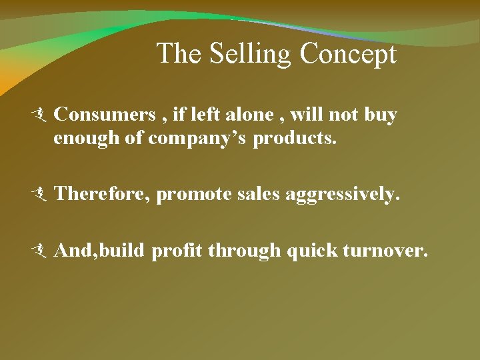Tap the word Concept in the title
348,55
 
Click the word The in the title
180,54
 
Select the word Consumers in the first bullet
104,115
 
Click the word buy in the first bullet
381,115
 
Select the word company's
198,139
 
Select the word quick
310,251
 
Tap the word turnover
383,250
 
